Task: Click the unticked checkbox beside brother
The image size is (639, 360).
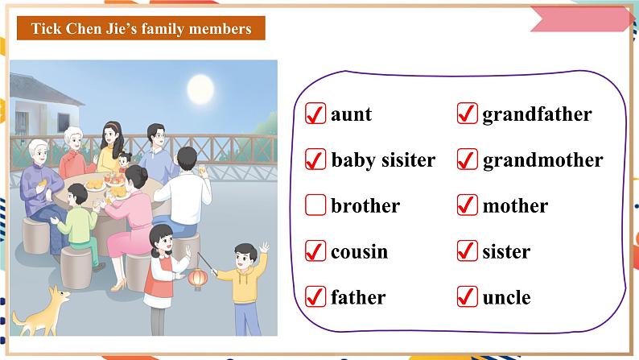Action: (315, 206)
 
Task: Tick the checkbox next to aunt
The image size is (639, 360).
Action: (315, 114)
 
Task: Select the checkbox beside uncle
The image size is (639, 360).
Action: (467, 298)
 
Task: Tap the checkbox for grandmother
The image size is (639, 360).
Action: (467, 160)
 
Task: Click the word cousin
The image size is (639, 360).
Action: (359, 252)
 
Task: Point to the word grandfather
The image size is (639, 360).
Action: (537, 114)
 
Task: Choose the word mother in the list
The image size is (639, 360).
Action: (515, 206)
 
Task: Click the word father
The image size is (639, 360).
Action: (358, 298)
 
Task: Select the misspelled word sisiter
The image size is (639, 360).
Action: (406, 160)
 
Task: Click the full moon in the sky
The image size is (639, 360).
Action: (196, 86)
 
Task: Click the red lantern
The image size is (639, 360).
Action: (197, 279)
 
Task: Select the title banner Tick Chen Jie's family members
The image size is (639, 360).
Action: (141, 29)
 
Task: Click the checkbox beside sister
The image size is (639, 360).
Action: (467, 252)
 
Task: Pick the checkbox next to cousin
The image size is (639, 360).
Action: (315, 252)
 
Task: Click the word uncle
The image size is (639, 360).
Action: (506, 298)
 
